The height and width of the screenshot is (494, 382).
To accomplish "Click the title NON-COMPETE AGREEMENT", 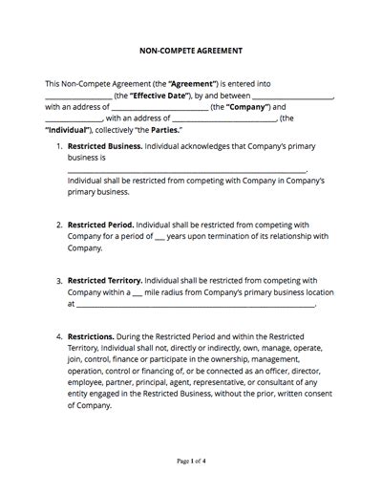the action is (190, 49).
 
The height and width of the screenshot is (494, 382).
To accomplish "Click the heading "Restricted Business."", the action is (104, 147).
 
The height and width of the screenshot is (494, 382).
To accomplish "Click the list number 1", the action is (59, 147).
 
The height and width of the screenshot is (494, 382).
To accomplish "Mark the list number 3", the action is (59, 282).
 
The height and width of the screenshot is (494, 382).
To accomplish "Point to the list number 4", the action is (59, 337).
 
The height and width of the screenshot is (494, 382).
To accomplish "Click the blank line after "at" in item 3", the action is (196, 306).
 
